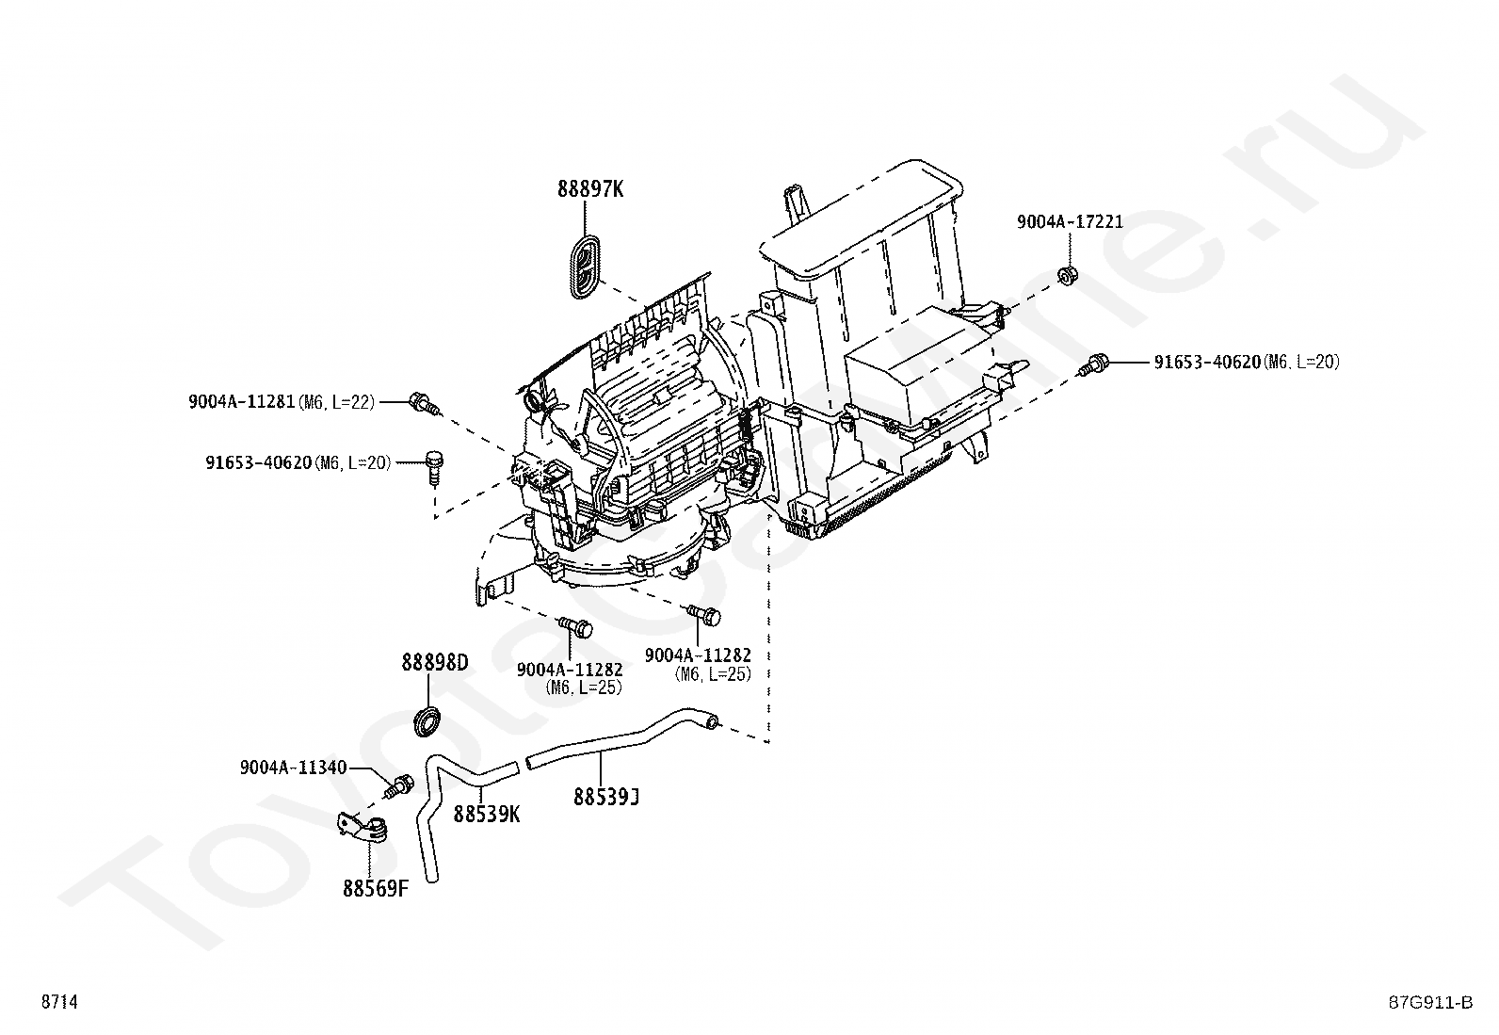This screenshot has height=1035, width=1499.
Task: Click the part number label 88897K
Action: click(590, 189)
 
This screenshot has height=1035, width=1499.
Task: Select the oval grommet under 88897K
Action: click(585, 267)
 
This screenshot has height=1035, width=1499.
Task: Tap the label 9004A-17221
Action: click(1070, 222)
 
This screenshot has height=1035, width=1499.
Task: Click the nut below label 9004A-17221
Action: click(1067, 277)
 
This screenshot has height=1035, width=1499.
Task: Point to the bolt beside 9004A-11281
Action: click(423, 404)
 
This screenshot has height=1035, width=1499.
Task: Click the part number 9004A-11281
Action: click(242, 402)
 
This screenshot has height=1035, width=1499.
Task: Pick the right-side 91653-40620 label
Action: click(1206, 362)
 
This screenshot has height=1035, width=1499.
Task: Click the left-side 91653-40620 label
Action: click(259, 462)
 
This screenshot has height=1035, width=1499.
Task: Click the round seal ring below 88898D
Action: click(428, 720)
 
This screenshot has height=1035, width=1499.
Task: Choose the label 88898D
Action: click(434, 663)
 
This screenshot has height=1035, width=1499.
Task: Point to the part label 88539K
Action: click(486, 814)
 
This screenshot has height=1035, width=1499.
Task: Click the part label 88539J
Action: click(606, 798)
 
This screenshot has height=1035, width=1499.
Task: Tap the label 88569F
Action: click(375, 888)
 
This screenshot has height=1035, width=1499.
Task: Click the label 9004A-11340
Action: click(293, 768)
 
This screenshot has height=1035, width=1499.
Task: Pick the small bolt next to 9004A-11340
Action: click(402, 784)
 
